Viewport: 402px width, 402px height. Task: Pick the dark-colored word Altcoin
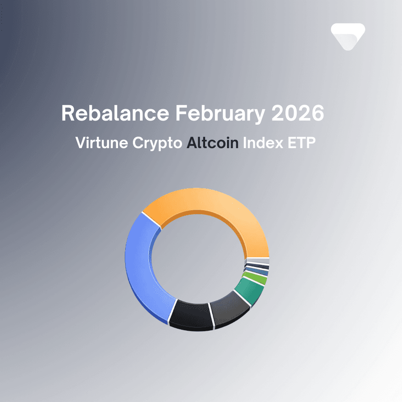pyautogui.click(x=212, y=144)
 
